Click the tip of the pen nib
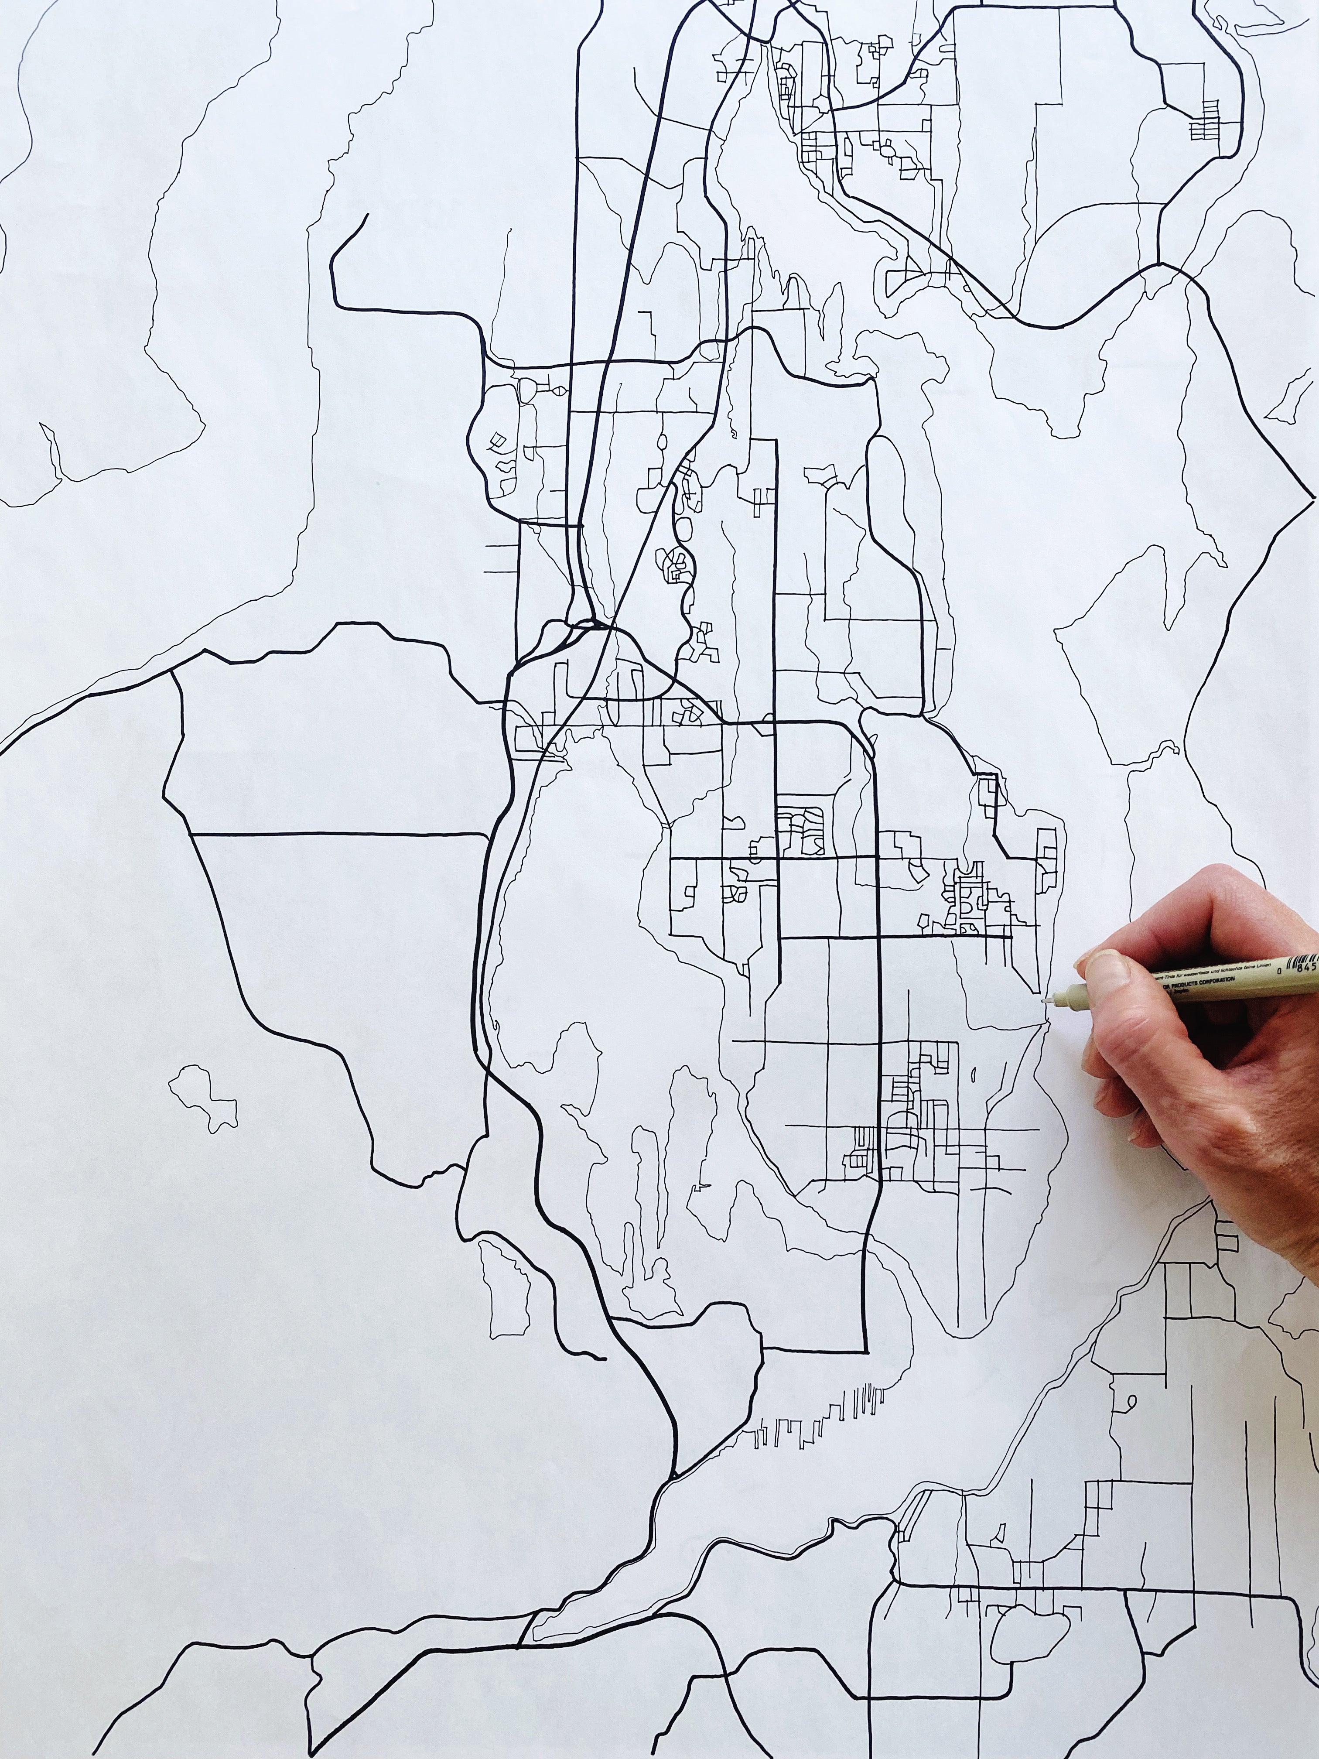pos(1045,1002)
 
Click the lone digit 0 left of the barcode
pos(1280,972)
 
